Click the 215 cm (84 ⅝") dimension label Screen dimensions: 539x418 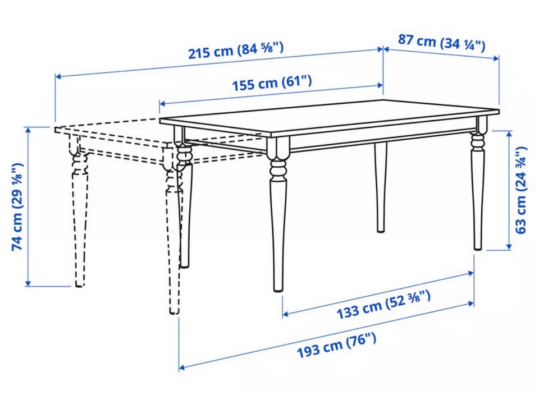pyautogui.click(x=236, y=50)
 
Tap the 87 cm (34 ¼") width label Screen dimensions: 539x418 pyautogui.click(x=442, y=43)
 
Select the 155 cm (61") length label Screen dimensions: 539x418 pyautogui.click(x=272, y=84)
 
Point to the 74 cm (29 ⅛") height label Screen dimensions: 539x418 pyautogui.click(x=17, y=206)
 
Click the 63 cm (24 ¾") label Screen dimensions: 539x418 pyautogui.click(x=521, y=190)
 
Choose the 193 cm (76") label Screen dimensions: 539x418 pyautogui.click(x=336, y=345)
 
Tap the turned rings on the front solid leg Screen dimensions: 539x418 pyautogui.click(x=278, y=169)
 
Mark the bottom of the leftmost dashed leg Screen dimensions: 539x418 pyautogui.click(x=79, y=284)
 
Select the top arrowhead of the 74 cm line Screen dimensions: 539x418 pyautogui.click(x=28, y=130)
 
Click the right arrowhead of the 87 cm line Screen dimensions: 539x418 pyautogui.click(x=496, y=58)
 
